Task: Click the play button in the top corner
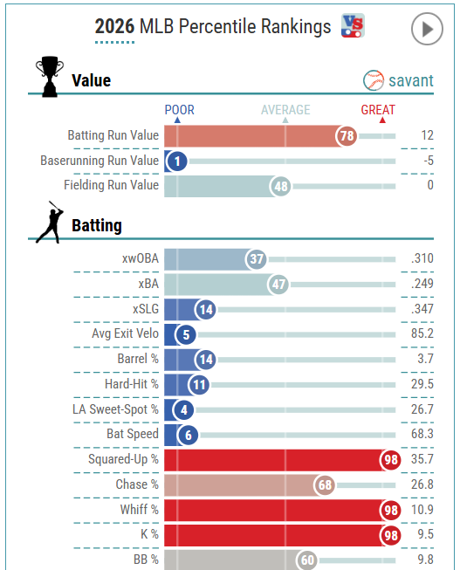tap(427, 29)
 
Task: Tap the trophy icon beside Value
tap(50, 76)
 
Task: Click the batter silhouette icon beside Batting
tap(50, 222)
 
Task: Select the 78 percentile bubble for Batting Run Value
tap(347, 136)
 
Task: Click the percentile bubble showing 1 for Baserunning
tap(176, 161)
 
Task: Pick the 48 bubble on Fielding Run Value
tap(280, 187)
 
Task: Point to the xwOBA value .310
tap(422, 258)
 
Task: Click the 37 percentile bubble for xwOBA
tap(257, 259)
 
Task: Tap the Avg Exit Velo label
tap(125, 333)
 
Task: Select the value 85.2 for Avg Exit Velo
tap(422, 333)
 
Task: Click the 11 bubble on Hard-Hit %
tap(199, 385)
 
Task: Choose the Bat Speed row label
tap(133, 434)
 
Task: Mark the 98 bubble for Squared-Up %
tap(390, 460)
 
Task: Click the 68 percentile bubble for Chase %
tap(325, 485)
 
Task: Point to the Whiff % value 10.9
tap(422, 510)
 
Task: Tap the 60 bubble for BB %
tap(307, 560)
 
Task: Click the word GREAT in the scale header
tap(378, 110)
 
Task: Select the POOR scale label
tap(179, 110)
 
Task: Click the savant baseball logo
tap(374, 80)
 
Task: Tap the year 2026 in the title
tap(114, 26)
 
